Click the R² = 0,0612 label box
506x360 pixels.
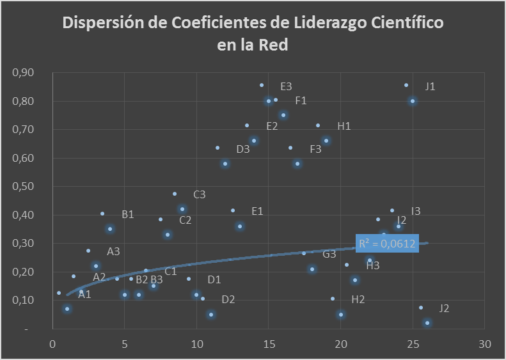(x=387, y=244)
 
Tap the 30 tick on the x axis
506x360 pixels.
(x=485, y=343)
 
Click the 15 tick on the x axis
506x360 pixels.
(x=269, y=343)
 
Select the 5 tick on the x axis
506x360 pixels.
(x=124, y=343)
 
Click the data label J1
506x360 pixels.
(x=430, y=86)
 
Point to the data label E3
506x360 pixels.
(x=286, y=86)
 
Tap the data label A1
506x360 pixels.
(x=84, y=295)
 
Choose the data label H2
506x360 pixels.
(x=358, y=300)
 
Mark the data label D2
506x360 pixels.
(x=228, y=300)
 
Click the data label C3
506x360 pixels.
(x=200, y=194)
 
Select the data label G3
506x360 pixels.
(x=329, y=254)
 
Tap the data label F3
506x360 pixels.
(x=315, y=150)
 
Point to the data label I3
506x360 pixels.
(x=416, y=211)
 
